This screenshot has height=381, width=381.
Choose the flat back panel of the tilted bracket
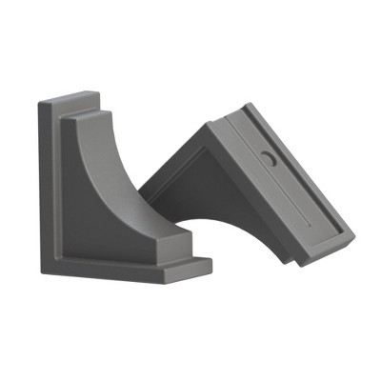286,181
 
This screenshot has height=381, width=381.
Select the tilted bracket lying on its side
257,186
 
